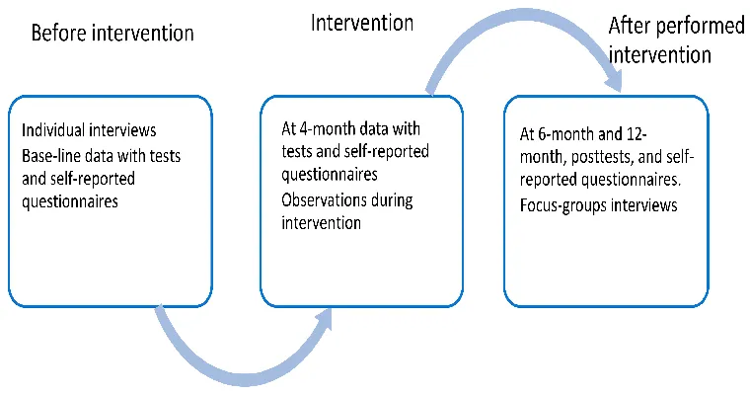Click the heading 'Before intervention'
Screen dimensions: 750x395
click(x=112, y=34)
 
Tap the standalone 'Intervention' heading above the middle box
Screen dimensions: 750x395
click(x=362, y=23)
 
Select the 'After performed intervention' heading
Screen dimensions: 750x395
click(x=676, y=40)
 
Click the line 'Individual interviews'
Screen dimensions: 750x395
click(x=89, y=130)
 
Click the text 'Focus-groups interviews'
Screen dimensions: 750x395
click(x=598, y=205)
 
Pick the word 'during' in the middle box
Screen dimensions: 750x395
click(x=392, y=201)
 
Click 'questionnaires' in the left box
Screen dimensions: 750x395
click(x=70, y=201)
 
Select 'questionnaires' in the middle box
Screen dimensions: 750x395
click(x=330, y=174)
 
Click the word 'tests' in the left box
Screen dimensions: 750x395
click(x=165, y=156)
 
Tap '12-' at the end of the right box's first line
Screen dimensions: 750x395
click(x=637, y=134)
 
